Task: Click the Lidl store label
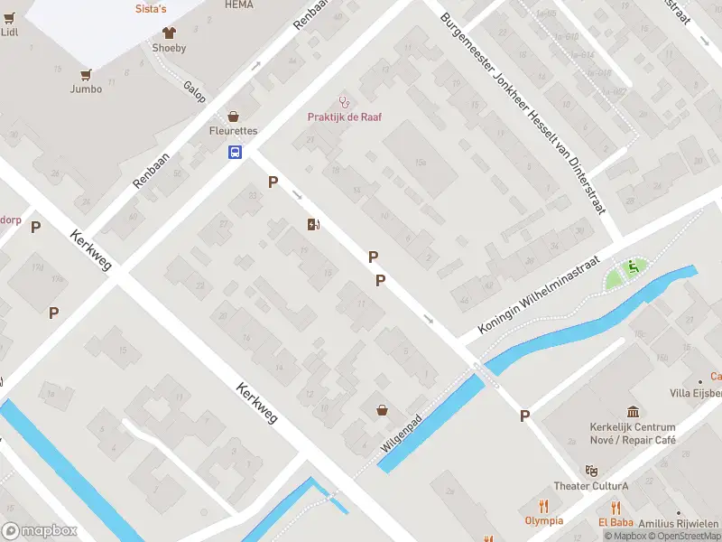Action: (x=9, y=32)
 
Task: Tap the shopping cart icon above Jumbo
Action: (x=87, y=74)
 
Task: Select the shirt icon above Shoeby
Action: (x=169, y=33)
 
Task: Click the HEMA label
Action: (x=238, y=5)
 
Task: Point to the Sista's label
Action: (x=152, y=8)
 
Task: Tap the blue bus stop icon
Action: (x=234, y=152)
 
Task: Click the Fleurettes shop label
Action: (x=233, y=131)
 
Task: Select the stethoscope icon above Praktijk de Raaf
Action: (x=342, y=101)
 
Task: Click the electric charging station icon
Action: (x=313, y=224)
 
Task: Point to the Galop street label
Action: (x=195, y=92)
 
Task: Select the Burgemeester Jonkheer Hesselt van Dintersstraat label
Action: (x=523, y=112)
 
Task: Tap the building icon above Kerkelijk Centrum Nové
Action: (x=632, y=411)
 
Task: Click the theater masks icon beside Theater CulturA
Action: (x=591, y=471)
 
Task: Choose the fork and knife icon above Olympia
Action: (x=543, y=506)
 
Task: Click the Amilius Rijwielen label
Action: (x=679, y=524)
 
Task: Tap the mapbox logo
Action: (x=41, y=531)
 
